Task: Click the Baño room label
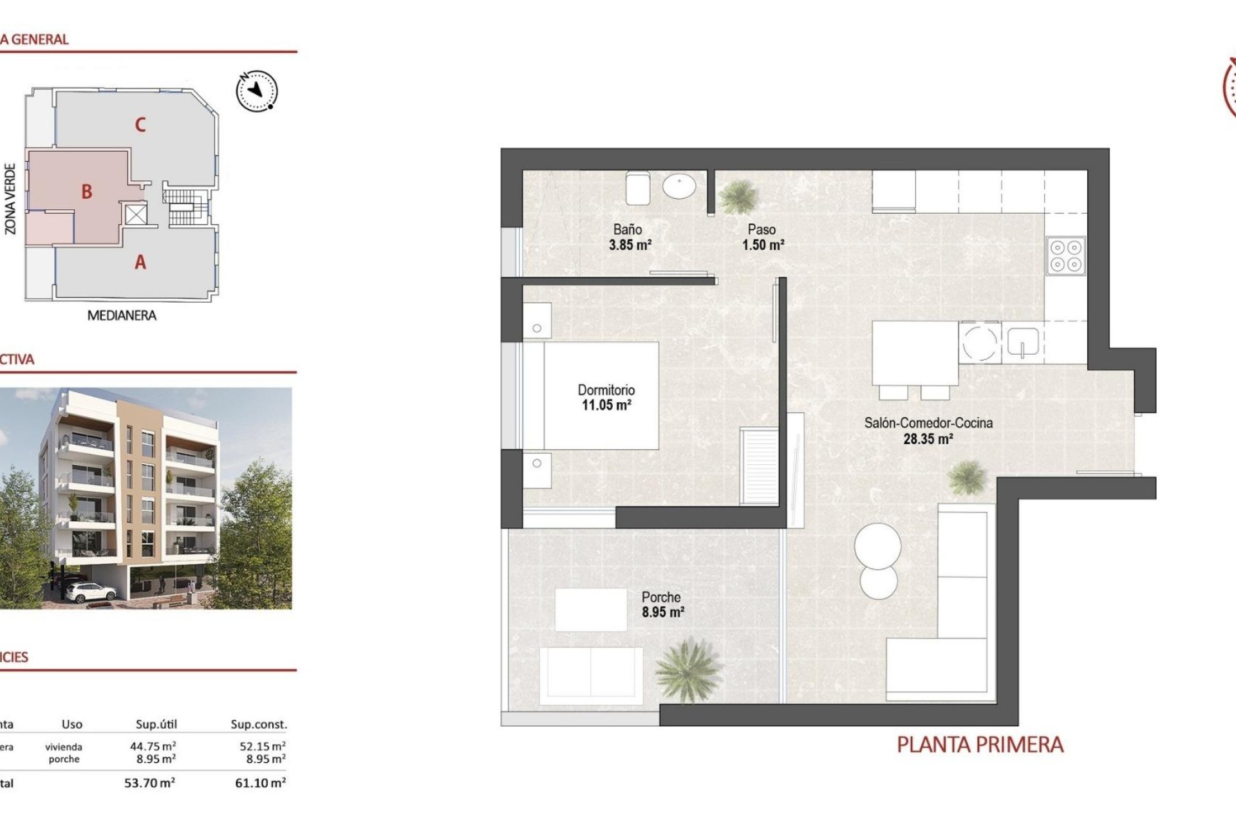[x=627, y=229]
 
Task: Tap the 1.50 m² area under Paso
[x=763, y=245]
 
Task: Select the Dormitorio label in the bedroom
[x=606, y=390]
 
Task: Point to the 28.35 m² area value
[x=928, y=439]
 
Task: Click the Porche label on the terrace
[x=660, y=597]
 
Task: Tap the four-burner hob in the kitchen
[x=1065, y=256]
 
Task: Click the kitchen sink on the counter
[x=1023, y=342]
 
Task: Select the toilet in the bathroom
[x=637, y=186]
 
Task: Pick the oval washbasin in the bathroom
[x=679, y=187]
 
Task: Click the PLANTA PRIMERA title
[x=980, y=745]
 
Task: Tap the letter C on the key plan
[x=140, y=124]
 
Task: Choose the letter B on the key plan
[x=86, y=191]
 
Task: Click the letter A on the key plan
[x=140, y=262]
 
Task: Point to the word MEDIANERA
[x=122, y=315]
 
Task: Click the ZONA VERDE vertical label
[x=10, y=198]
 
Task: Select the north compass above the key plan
[x=257, y=90]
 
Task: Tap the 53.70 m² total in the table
[x=149, y=783]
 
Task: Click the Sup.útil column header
[x=156, y=724]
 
